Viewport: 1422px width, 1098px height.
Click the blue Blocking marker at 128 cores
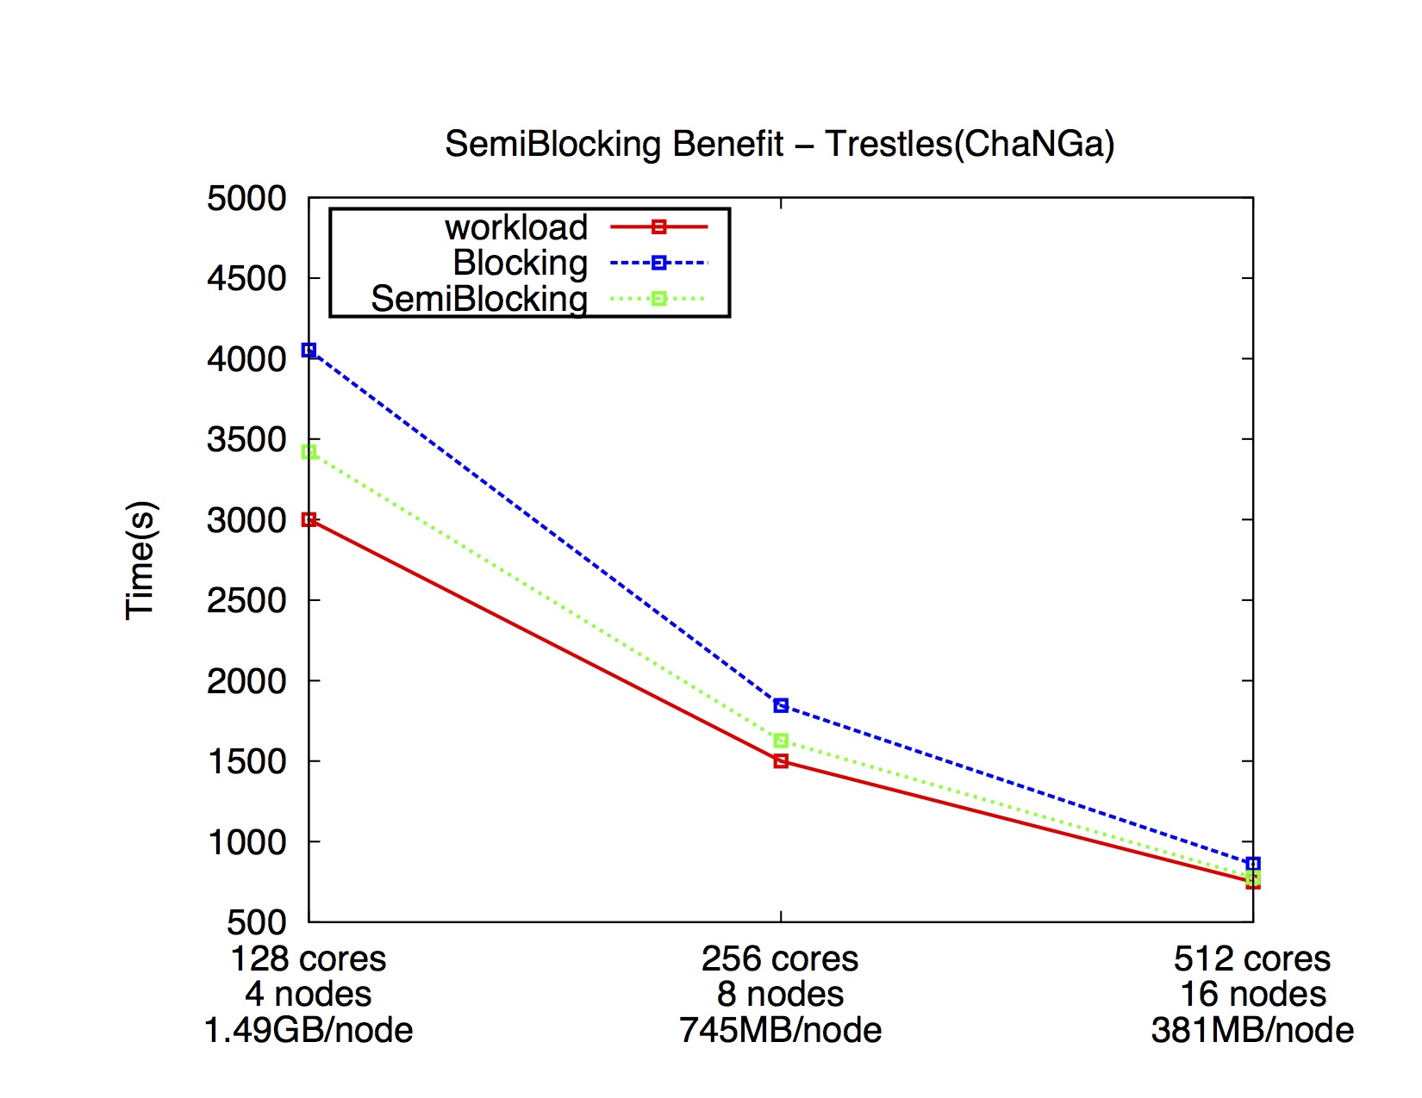pyautogui.click(x=309, y=350)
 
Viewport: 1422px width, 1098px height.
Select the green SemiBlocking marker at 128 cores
pyautogui.click(x=309, y=452)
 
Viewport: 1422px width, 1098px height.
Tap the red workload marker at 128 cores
pyautogui.click(x=309, y=519)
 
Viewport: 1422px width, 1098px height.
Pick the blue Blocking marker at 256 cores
pyautogui.click(x=781, y=705)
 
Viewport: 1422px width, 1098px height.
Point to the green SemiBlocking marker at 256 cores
pyautogui.click(x=781, y=741)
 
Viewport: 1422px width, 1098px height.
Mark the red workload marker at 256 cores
pyautogui.click(x=781, y=761)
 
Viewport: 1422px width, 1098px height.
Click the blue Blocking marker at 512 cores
pyautogui.click(x=1253, y=863)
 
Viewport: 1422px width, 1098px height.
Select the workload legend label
pyautogui.click(x=515, y=227)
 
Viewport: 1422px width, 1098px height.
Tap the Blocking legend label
pyautogui.click(x=520, y=263)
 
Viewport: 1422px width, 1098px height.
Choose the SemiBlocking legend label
pyautogui.click(x=478, y=299)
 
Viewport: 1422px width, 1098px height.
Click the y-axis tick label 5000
pyautogui.click(x=246, y=198)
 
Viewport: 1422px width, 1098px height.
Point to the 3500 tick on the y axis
pyautogui.click(x=246, y=440)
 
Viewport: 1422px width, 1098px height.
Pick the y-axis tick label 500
pyautogui.click(x=256, y=922)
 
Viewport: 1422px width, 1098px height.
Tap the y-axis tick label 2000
pyautogui.click(x=246, y=681)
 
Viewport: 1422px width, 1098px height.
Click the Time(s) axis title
pyautogui.click(x=140, y=560)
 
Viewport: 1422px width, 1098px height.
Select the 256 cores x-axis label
pyautogui.click(x=780, y=958)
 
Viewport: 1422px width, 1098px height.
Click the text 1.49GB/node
pyautogui.click(x=309, y=1030)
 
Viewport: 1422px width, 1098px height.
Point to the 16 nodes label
pyautogui.click(x=1253, y=995)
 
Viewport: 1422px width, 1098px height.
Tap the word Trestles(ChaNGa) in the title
pyautogui.click(x=970, y=144)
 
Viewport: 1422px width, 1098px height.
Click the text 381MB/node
pyautogui.click(x=1252, y=1030)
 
